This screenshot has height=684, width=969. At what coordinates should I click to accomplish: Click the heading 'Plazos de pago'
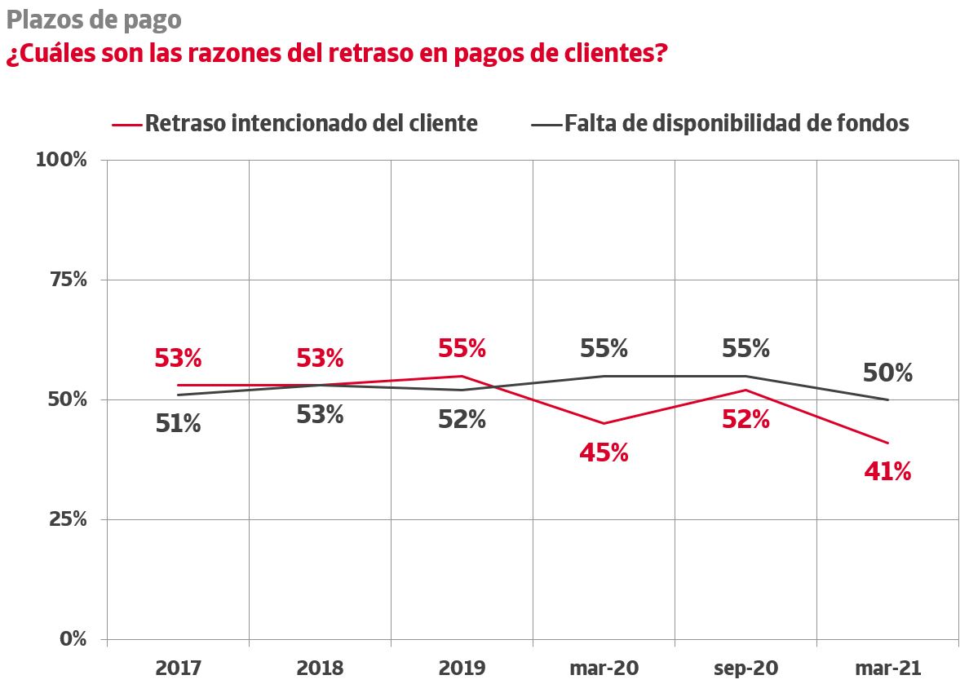(94, 19)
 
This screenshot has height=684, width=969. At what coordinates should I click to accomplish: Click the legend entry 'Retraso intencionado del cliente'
(311, 123)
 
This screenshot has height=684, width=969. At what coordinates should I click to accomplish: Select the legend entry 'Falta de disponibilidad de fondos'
(736, 123)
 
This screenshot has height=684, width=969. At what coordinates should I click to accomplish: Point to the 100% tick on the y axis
(61, 160)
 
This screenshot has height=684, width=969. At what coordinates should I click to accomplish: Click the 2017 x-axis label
(178, 669)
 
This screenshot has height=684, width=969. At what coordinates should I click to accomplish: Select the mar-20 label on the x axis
(604, 669)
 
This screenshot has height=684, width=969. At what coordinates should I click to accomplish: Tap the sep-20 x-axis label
(746, 669)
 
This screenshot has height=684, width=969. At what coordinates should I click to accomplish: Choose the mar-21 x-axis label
(887, 669)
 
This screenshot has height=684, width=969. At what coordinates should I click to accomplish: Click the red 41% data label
(887, 471)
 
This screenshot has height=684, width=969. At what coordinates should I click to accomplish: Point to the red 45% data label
(604, 452)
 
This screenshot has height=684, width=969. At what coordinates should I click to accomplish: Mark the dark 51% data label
(178, 424)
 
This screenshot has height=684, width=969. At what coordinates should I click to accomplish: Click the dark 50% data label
(887, 373)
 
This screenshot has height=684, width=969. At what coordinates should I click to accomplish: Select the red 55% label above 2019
(462, 349)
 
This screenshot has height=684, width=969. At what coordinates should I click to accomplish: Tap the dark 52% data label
(462, 419)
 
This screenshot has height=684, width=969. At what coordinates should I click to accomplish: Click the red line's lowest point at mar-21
(887, 443)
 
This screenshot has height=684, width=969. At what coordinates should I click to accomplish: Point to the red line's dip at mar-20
(604, 423)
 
